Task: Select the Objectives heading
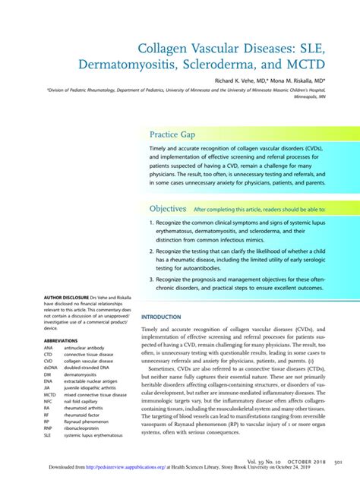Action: [x=168, y=208]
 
